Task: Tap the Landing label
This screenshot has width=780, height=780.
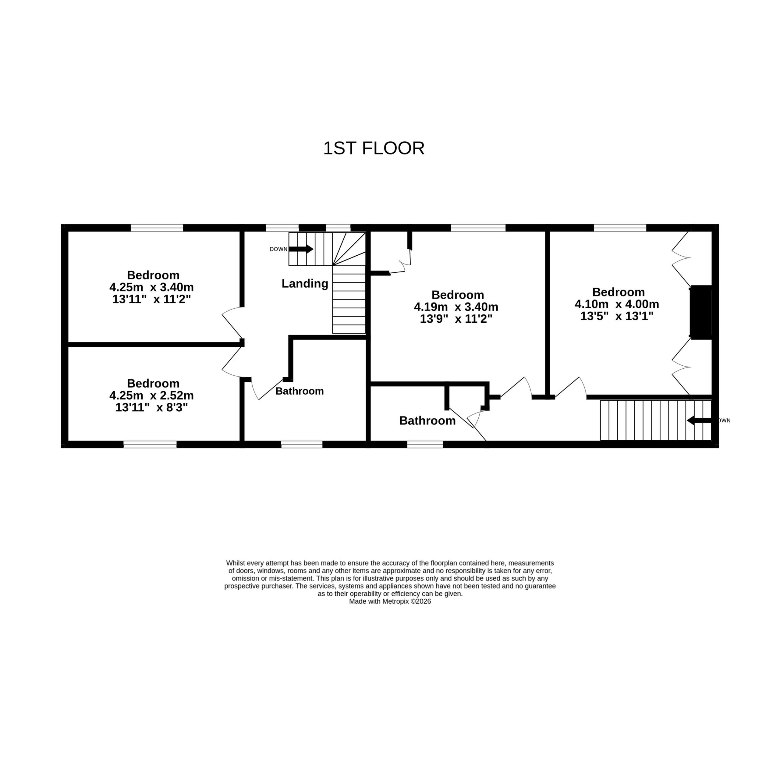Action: tap(305, 283)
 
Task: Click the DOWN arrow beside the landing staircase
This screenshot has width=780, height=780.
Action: tap(301, 249)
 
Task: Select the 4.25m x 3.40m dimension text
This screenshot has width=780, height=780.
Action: tap(151, 287)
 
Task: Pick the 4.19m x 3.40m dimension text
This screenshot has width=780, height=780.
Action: tap(456, 307)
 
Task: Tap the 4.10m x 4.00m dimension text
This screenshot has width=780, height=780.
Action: tap(617, 304)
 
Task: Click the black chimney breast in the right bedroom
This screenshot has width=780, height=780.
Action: tap(701, 312)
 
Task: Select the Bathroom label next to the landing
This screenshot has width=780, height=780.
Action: tap(300, 391)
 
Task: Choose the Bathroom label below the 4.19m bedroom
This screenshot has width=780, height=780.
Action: tap(427, 421)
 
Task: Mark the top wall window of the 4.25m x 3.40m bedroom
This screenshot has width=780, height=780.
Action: tap(157, 228)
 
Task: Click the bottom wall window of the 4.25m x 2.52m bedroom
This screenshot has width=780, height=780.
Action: tap(150, 445)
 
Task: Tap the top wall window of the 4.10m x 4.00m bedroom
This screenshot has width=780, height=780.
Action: tap(620, 228)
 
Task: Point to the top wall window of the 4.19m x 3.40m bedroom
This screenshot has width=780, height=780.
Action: tap(478, 228)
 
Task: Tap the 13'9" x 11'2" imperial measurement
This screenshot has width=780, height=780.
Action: tap(456, 319)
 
